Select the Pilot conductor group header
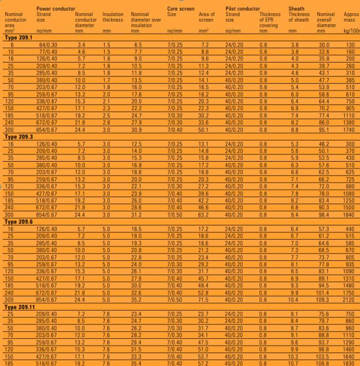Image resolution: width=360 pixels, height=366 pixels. point(243,9)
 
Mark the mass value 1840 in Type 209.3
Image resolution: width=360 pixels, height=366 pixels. point(350,214)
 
